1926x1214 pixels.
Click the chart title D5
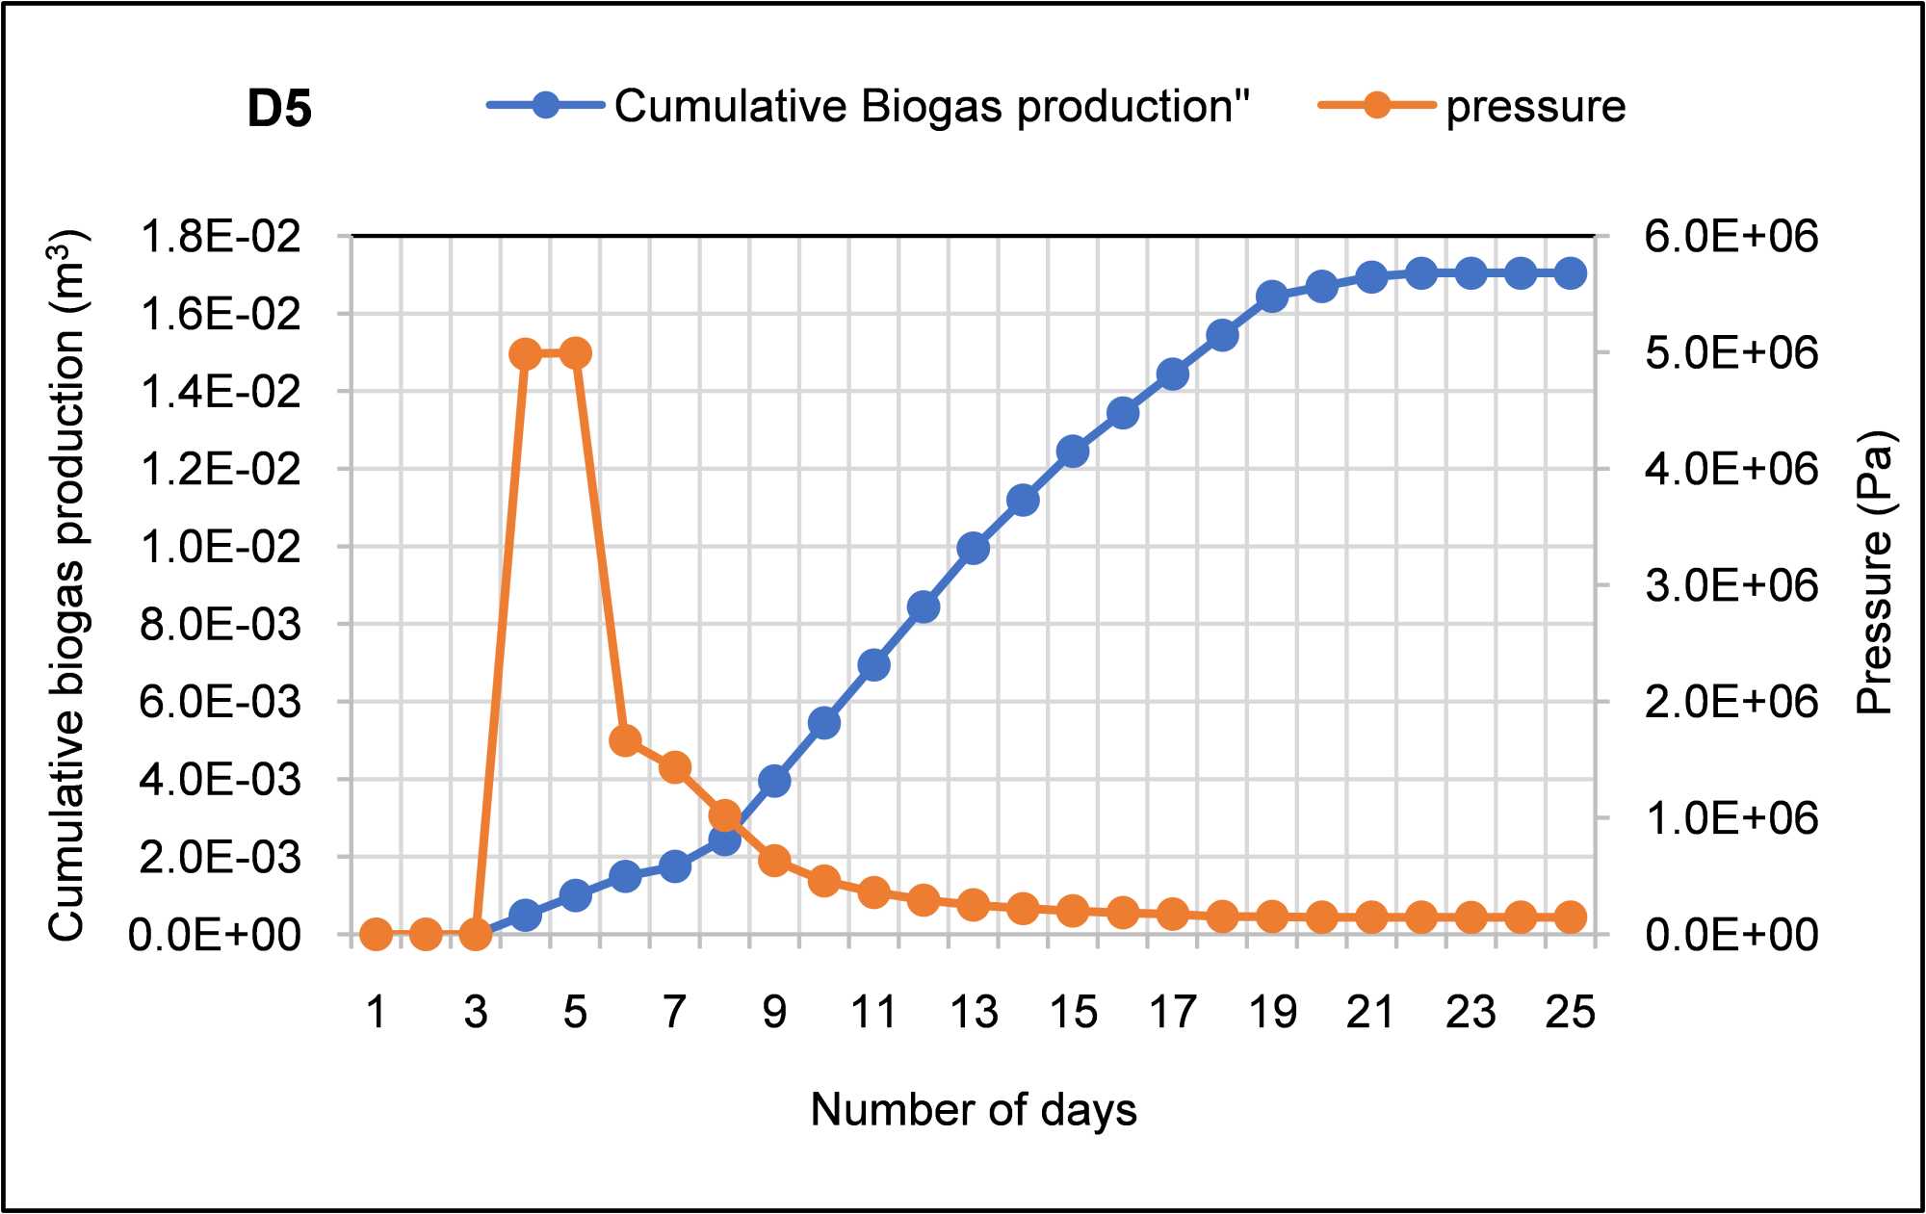(279, 108)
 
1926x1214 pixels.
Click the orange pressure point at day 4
(525, 354)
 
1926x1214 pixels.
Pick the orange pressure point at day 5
(575, 353)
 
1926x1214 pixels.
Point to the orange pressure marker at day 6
(625, 740)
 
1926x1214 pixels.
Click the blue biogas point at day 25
(1571, 273)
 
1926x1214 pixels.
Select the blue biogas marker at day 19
(1272, 297)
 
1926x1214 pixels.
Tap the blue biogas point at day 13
(974, 549)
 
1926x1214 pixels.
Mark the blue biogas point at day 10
(824, 723)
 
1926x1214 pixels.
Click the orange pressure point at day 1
(376, 934)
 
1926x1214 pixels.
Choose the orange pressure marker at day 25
(1571, 917)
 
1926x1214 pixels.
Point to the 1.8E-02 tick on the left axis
(221, 237)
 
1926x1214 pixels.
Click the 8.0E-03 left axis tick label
(221, 625)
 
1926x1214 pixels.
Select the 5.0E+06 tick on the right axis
(1731, 353)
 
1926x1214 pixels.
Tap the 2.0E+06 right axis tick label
(1731, 702)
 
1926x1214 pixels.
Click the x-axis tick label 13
(974, 1013)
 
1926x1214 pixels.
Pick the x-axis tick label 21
(1370, 1013)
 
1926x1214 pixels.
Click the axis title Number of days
(974, 1110)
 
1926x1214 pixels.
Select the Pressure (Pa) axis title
(1874, 573)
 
